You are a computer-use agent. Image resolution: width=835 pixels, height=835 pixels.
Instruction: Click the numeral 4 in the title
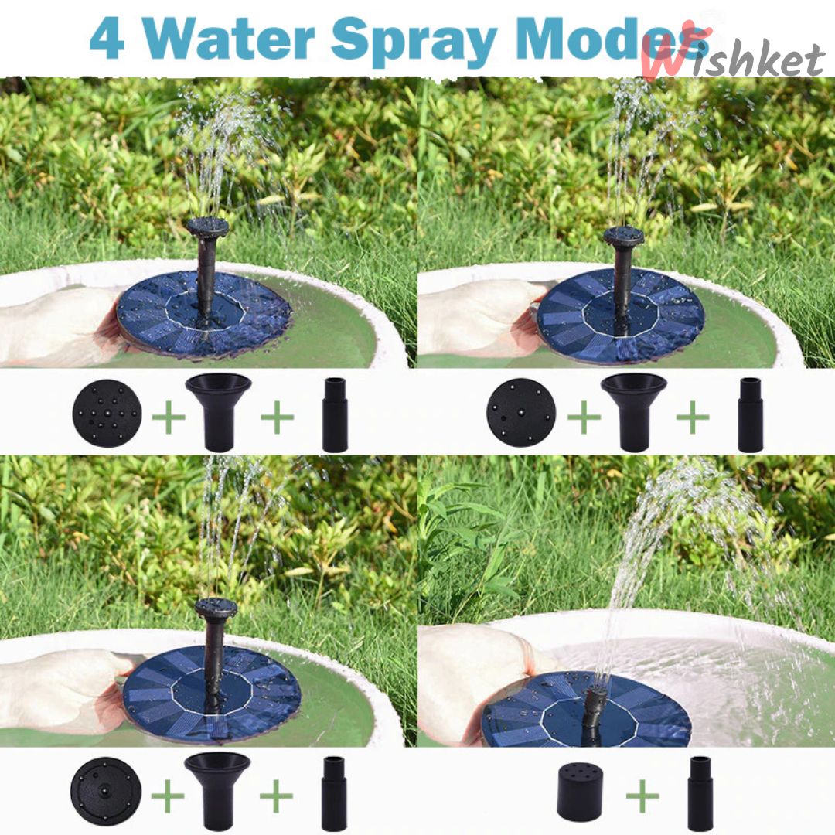pyautogui.click(x=107, y=38)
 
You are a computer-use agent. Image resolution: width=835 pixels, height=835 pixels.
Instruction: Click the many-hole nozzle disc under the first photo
pyautogui.click(x=107, y=412)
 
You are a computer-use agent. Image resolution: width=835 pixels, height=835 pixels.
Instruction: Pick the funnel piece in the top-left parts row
pyautogui.click(x=218, y=411)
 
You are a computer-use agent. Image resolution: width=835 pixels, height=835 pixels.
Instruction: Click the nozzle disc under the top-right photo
pyautogui.click(x=521, y=412)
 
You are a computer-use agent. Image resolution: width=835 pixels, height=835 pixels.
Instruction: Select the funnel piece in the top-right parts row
pyautogui.click(x=633, y=411)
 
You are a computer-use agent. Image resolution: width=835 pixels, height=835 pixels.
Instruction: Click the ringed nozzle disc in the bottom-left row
pyautogui.click(x=105, y=790)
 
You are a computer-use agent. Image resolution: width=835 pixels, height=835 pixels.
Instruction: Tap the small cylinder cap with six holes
pyautogui.click(x=581, y=794)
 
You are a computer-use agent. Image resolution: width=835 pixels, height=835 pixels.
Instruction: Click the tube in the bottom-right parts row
pyautogui.click(x=700, y=793)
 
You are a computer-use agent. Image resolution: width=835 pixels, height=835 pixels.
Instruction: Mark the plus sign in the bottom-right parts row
pyautogui.click(x=642, y=797)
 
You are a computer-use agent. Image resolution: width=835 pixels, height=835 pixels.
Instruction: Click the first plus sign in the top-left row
pyautogui.click(x=169, y=418)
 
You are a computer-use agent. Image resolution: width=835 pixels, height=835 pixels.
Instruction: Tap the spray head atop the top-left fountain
pyautogui.click(x=207, y=227)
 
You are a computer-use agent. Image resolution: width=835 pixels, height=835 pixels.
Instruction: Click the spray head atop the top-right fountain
pyautogui.click(x=623, y=236)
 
